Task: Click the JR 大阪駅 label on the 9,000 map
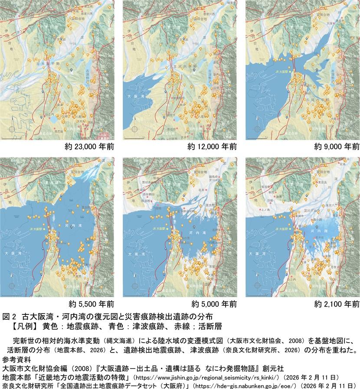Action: pyautogui.click(x=257, y=69)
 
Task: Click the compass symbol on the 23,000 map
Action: pyautogui.click(x=14, y=128)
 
